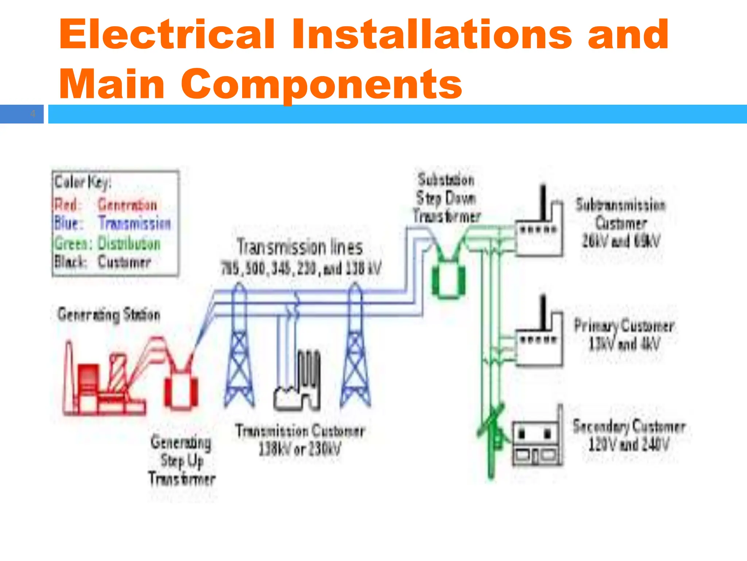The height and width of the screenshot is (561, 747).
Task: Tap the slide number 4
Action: coord(33,114)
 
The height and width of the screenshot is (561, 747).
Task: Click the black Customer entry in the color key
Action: coord(124,262)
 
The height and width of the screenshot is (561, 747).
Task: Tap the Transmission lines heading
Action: coord(300,248)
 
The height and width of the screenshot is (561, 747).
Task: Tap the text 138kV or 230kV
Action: coord(300,449)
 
